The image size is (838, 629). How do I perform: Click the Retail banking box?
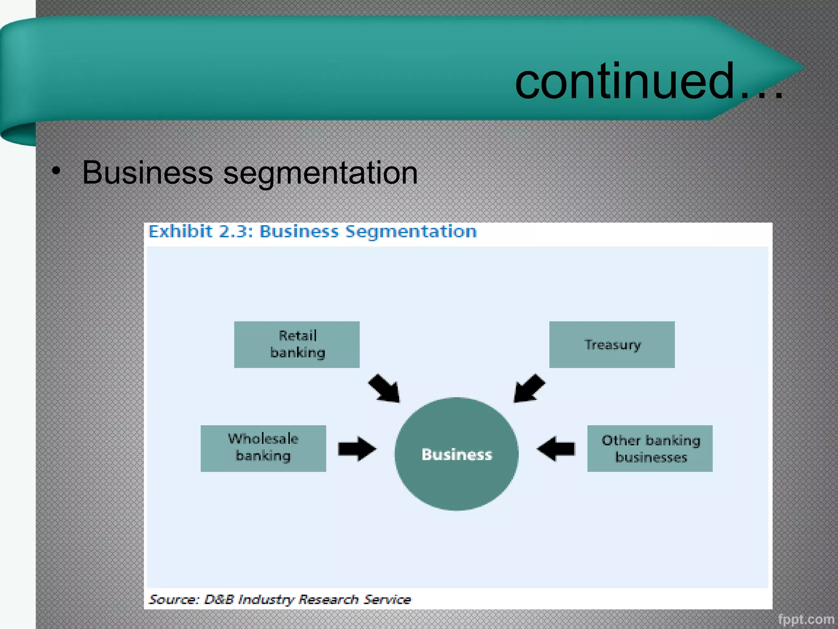tap(297, 344)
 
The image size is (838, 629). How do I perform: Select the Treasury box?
tap(612, 344)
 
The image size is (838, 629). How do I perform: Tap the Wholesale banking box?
tap(263, 448)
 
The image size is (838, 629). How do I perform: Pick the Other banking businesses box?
tap(650, 448)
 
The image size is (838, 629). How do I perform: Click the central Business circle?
tap(456, 454)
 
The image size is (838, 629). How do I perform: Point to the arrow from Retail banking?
tap(384, 388)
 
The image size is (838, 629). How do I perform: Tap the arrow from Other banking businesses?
tap(556, 448)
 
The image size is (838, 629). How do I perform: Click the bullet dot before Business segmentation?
tap(56, 171)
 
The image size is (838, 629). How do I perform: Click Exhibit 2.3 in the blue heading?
tap(200, 231)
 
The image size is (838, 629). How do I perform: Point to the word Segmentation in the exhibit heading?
tap(411, 231)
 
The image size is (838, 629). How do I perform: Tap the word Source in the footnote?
tap(173, 599)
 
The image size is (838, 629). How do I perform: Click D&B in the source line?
tap(219, 599)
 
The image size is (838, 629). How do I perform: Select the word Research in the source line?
tap(328, 599)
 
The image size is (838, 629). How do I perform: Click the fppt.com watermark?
tap(806, 619)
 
